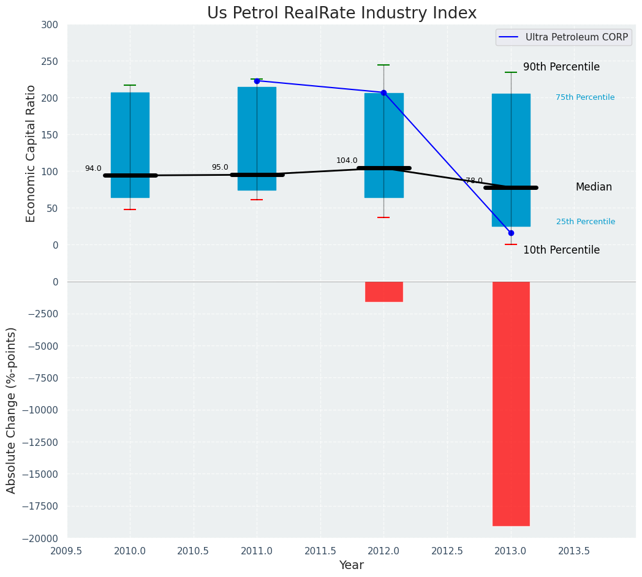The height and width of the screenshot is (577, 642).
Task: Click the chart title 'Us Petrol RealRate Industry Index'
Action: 341,13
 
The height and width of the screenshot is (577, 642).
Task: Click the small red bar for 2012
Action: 384,292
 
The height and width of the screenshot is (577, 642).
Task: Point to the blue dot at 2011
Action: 257,81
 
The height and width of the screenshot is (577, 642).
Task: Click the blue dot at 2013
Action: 511,233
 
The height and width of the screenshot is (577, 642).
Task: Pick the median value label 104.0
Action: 347,160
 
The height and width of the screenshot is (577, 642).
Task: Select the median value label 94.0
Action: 93,168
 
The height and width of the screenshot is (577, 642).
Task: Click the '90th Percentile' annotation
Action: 561,67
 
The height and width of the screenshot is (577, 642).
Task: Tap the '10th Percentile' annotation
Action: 561,250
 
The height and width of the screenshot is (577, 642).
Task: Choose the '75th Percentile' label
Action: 585,97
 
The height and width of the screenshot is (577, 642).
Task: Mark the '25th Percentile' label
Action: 586,222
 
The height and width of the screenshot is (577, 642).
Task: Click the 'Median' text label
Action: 594,187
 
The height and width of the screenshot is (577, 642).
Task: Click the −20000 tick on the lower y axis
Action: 40,538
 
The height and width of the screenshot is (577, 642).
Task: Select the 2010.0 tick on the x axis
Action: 130,551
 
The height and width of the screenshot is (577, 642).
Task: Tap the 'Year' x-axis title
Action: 352,565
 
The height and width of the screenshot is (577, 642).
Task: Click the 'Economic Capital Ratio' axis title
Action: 31,153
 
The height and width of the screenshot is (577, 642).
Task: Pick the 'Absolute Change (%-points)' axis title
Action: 12,410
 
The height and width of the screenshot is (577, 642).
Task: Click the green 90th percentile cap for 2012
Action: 383,65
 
